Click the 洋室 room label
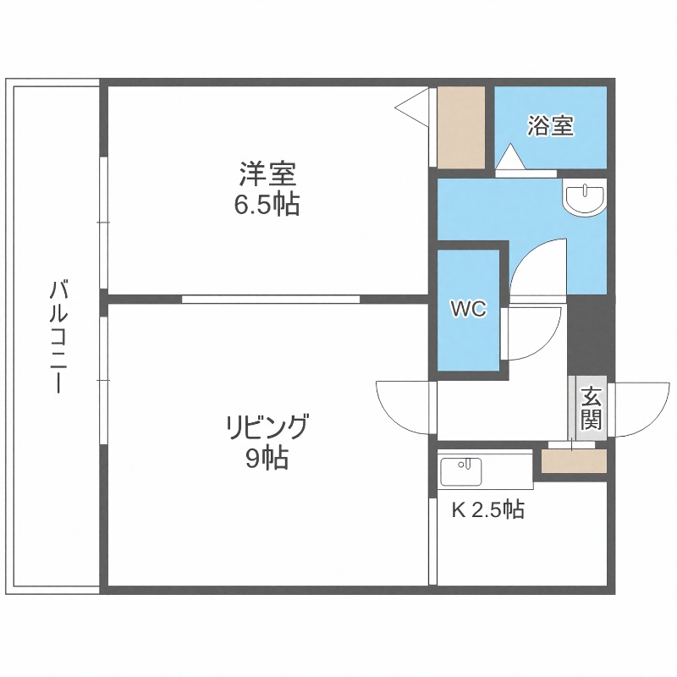[267, 175]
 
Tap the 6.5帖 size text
[267, 204]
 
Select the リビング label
[267, 426]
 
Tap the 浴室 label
[551, 126]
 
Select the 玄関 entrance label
[591, 409]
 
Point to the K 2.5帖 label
[487, 509]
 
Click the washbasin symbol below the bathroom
[584, 198]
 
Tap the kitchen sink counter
[485, 471]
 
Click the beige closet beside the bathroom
[461, 126]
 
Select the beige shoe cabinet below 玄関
[574, 461]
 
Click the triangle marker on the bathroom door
[510, 157]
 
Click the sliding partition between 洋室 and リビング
[271, 299]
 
